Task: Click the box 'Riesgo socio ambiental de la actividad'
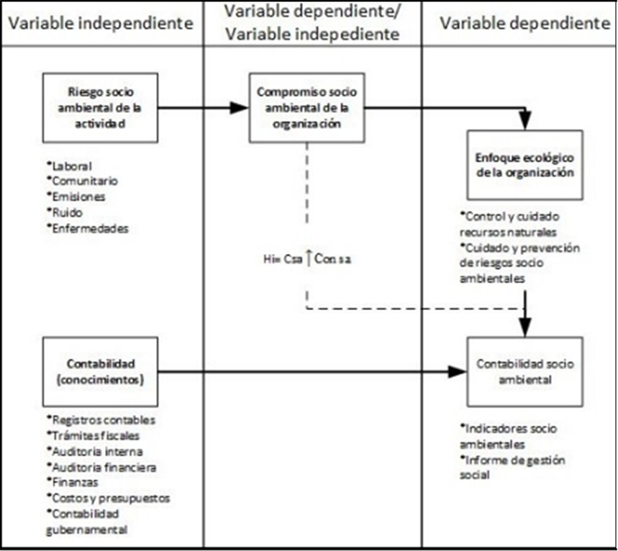coord(101,108)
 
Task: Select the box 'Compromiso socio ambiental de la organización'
coord(306,108)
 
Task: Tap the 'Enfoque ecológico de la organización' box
coord(524,165)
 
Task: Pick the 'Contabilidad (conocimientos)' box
coord(101,372)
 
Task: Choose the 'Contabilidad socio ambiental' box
coord(524,372)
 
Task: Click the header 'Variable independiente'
coord(101,23)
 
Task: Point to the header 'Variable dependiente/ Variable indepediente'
coord(312,22)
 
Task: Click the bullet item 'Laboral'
coord(70,166)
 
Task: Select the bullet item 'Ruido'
coord(65,212)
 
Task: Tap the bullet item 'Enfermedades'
coord(88,228)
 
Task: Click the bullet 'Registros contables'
coord(101,420)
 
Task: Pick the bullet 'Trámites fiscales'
coord(94,435)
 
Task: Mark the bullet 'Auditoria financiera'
coord(101,467)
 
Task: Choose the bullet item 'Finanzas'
coord(73,482)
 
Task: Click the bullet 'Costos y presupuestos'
coord(109,498)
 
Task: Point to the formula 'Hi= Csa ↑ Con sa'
coord(307,259)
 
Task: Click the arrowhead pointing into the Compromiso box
coord(240,108)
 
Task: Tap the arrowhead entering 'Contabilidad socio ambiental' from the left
coord(458,372)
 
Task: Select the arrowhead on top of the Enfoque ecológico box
coord(525,121)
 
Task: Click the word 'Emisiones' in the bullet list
coord(76,196)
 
